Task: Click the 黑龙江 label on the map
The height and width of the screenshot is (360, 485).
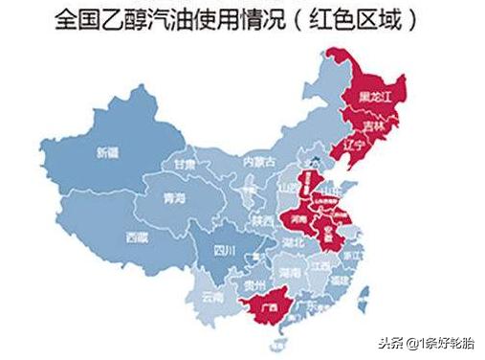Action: point(376,97)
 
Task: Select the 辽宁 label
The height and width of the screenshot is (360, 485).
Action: point(355,146)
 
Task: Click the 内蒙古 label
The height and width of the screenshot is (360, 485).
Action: point(259,161)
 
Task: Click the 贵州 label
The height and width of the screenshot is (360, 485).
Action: point(254,284)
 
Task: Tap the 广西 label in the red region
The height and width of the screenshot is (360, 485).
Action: point(271,307)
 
